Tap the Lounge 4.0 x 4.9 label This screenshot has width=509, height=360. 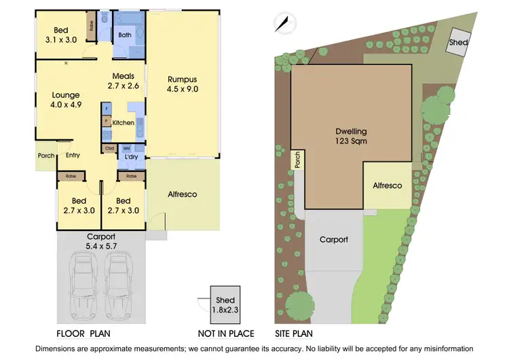coord(65,100)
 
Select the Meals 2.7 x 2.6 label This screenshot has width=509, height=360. coord(123,81)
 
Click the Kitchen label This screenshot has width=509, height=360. coord(123,123)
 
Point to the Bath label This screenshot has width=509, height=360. coord(125,35)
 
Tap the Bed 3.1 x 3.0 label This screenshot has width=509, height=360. coord(61,35)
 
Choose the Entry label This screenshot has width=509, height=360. coord(73,156)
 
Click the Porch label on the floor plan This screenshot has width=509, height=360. coord(46,156)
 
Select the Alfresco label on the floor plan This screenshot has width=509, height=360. coord(182,194)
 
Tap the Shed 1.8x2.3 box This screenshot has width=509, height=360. coord(225,304)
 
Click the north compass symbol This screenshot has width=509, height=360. coord(283,24)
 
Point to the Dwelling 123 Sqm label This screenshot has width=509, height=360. coord(352,137)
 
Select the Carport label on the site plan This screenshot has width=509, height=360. coord(333,240)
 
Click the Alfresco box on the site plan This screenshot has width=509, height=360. coord(388,185)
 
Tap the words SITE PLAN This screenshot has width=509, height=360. coord(293,334)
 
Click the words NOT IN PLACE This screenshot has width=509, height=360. coord(225,334)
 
